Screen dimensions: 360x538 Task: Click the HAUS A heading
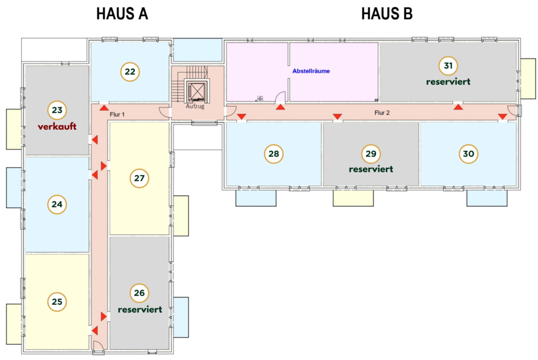[122, 14]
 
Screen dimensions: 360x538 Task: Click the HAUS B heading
[387, 14]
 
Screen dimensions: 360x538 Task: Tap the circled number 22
[130, 71]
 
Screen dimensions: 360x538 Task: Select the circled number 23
[57, 110]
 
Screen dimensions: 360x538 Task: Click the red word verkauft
[57, 127]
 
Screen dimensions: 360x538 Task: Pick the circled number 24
[57, 204]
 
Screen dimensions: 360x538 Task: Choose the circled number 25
[57, 301]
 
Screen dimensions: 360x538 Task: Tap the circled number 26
[139, 293]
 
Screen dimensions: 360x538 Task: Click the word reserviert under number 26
[139, 310]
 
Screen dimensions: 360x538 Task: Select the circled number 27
[139, 178]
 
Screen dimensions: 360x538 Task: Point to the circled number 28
[273, 153]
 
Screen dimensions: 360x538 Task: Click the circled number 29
[371, 153]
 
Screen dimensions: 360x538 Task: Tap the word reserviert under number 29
[371, 169]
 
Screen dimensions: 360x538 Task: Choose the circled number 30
[468, 153]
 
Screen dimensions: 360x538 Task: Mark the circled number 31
[448, 66]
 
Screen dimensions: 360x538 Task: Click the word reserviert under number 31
[448, 82]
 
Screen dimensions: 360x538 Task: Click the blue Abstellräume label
[311, 71]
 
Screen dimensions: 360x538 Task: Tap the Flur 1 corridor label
[118, 114]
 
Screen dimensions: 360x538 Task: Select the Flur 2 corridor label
[382, 112]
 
